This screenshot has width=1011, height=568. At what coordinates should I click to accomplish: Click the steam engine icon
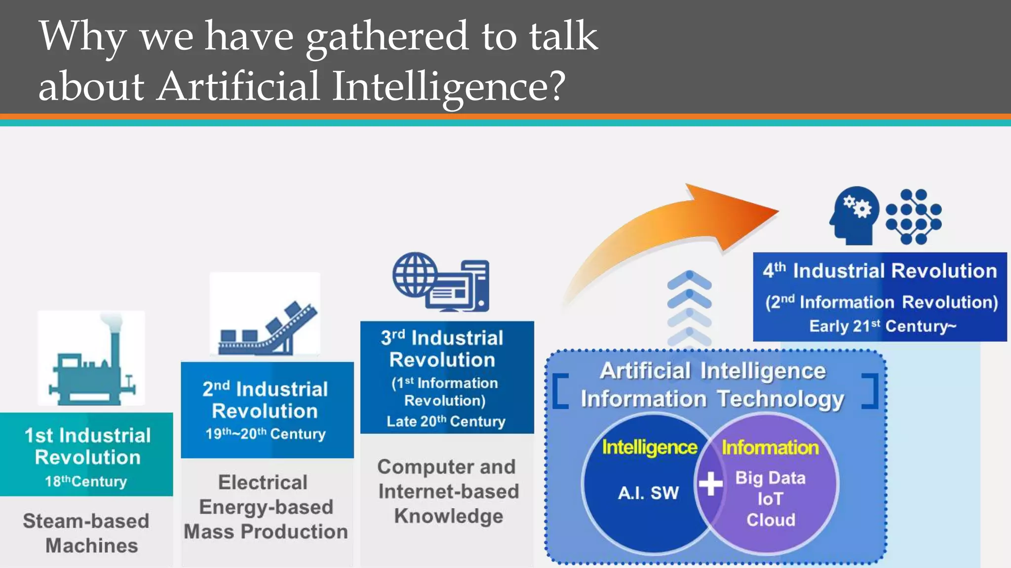91,362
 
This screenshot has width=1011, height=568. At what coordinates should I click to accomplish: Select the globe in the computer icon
415,275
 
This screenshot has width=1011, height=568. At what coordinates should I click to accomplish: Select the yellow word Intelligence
650,447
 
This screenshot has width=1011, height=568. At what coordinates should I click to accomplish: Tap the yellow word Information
770,447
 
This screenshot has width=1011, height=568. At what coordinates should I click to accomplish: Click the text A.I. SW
648,493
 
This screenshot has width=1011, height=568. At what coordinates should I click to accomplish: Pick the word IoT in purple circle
770,499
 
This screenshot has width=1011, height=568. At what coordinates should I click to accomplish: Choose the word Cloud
771,520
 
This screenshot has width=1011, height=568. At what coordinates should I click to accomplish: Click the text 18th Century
86,481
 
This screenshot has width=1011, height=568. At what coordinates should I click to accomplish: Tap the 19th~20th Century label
266,434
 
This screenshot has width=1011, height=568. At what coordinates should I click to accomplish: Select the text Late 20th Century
446,422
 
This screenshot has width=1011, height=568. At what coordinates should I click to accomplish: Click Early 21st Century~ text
883,326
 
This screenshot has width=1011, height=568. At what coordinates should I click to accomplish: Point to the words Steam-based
86,521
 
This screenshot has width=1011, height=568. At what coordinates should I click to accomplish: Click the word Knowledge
448,516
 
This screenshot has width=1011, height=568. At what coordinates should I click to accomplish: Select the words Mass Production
266,532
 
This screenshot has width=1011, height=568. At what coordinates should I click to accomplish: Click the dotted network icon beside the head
913,216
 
